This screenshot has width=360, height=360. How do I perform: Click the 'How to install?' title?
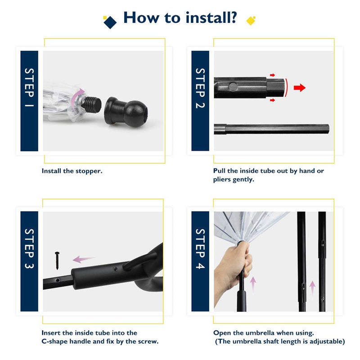tap(180, 18)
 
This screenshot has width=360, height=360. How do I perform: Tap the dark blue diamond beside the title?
tap(110, 22)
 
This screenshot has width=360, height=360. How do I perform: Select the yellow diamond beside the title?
tap(251, 21)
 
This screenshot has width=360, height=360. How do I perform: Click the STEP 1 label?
tap(29, 87)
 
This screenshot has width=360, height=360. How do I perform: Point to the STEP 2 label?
tap(200, 88)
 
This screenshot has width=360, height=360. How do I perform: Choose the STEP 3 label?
tap(29, 249)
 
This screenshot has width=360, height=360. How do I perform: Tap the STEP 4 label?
tap(200, 249)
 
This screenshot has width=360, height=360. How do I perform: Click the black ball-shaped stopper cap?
tap(126, 112)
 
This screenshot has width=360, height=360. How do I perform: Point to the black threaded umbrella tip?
tap(92, 105)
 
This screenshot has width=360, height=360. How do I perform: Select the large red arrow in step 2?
tap(300, 87)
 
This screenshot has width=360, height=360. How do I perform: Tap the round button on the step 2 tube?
tap(233, 87)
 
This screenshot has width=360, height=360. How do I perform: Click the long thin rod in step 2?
tap(272, 129)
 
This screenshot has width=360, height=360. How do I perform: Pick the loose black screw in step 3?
tap(57, 261)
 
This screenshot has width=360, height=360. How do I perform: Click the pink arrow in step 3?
tap(83, 259)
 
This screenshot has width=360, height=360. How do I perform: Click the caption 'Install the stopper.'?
tap(72, 171)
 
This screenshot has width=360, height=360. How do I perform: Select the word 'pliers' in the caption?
tap(222, 180)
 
